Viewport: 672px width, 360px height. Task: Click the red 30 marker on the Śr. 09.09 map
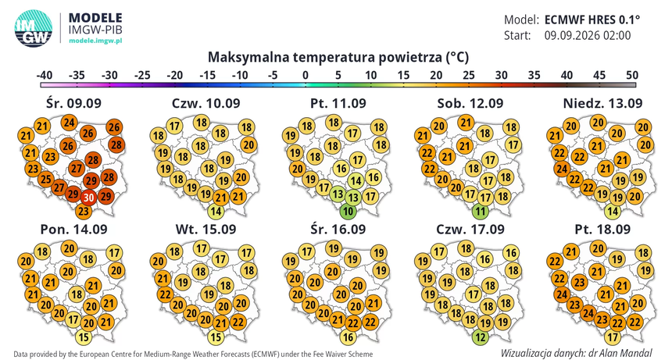pos(89,198)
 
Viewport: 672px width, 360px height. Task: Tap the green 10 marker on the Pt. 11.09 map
pos(348,211)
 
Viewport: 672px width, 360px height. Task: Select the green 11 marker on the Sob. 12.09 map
pos(481,211)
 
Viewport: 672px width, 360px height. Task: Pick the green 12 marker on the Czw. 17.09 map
pos(481,337)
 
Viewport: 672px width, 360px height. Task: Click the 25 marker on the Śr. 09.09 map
pos(46,179)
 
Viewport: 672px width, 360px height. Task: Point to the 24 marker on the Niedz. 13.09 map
pos(563,169)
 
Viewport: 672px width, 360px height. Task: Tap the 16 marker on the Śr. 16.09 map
pos(348,337)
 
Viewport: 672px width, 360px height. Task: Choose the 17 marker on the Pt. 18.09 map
pos(613,337)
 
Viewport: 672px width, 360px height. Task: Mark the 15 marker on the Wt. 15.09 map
pos(216,337)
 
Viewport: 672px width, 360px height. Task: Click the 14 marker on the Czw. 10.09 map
pos(216,211)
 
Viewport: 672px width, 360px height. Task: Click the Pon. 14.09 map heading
pos(73,229)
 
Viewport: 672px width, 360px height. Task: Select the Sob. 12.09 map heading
pos(470,103)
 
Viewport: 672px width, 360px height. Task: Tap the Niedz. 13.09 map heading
pos(602,103)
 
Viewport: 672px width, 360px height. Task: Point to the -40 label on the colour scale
pos(44,75)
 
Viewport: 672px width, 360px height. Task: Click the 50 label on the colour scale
pos(632,75)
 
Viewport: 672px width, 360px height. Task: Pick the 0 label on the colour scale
pos(306,75)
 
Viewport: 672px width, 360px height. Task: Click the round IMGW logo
pos(34,28)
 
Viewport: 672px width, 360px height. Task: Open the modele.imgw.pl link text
pos(95,41)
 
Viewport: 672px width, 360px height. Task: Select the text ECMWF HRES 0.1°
pos(592,20)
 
